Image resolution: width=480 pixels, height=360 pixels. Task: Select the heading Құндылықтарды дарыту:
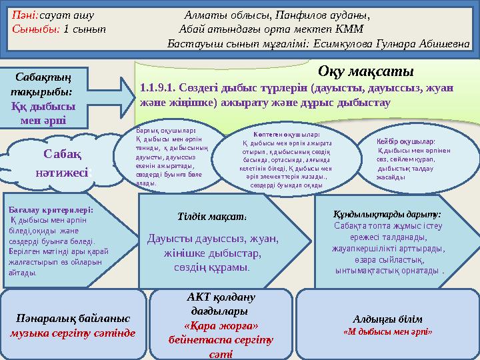pos(386,214)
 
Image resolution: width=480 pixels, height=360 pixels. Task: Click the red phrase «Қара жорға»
pos(221,326)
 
